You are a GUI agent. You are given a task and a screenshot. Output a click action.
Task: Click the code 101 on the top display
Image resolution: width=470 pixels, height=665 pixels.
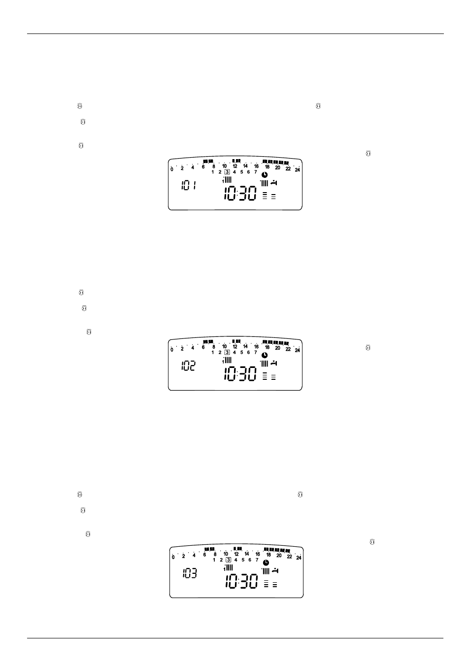pyautogui.click(x=189, y=186)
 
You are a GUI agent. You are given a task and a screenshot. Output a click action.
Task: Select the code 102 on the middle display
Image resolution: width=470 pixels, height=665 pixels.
pyautogui.click(x=189, y=366)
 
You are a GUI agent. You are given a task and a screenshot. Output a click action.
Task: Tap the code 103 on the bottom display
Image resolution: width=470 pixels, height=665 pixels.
pyautogui.click(x=190, y=573)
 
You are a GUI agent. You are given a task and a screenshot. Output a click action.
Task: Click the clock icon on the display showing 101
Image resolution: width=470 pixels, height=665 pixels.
pyautogui.click(x=265, y=175)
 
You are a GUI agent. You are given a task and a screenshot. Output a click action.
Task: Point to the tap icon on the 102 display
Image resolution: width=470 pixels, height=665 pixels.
pyautogui.click(x=274, y=363)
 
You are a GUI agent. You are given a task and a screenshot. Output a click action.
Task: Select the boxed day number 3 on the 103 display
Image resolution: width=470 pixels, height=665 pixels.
pyautogui.click(x=228, y=560)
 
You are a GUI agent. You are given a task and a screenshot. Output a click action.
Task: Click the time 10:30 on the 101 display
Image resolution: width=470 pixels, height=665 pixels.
pyautogui.click(x=240, y=193)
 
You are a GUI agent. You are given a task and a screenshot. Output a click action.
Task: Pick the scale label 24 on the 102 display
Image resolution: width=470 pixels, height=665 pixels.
pyautogui.click(x=298, y=350)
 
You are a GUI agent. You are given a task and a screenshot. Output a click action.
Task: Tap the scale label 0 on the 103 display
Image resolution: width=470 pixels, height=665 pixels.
pyautogui.click(x=173, y=557)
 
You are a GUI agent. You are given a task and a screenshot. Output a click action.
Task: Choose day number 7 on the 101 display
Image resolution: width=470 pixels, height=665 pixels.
pyautogui.click(x=256, y=172)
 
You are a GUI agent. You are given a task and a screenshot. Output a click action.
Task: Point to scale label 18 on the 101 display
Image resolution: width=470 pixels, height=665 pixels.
pyautogui.click(x=267, y=167)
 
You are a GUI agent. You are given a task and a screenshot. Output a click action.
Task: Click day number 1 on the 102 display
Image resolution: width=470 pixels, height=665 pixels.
pyautogui.click(x=212, y=352)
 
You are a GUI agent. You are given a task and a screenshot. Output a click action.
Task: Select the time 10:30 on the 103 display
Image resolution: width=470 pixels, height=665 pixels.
pyautogui.click(x=241, y=581)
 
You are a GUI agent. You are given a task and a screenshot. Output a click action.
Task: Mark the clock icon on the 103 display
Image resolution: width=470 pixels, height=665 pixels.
pyautogui.click(x=266, y=563)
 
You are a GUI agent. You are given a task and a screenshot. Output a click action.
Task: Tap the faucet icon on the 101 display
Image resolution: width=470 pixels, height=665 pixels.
pyautogui.click(x=274, y=183)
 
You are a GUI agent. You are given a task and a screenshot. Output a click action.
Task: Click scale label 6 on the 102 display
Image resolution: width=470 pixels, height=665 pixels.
pyautogui.click(x=203, y=347)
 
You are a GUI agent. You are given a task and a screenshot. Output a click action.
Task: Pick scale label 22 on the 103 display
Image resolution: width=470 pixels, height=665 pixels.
pyautogui.click(x=290, y=556)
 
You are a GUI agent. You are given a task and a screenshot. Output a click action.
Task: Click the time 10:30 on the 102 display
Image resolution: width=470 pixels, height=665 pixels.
pyautogui.click(x=240, y=374)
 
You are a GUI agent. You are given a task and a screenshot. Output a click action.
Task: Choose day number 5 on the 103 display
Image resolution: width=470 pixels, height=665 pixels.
pyautogui.click(x=243, y=560)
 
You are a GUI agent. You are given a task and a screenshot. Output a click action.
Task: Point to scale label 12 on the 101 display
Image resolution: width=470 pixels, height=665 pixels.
pyautogui.click(x=235, y=166)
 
